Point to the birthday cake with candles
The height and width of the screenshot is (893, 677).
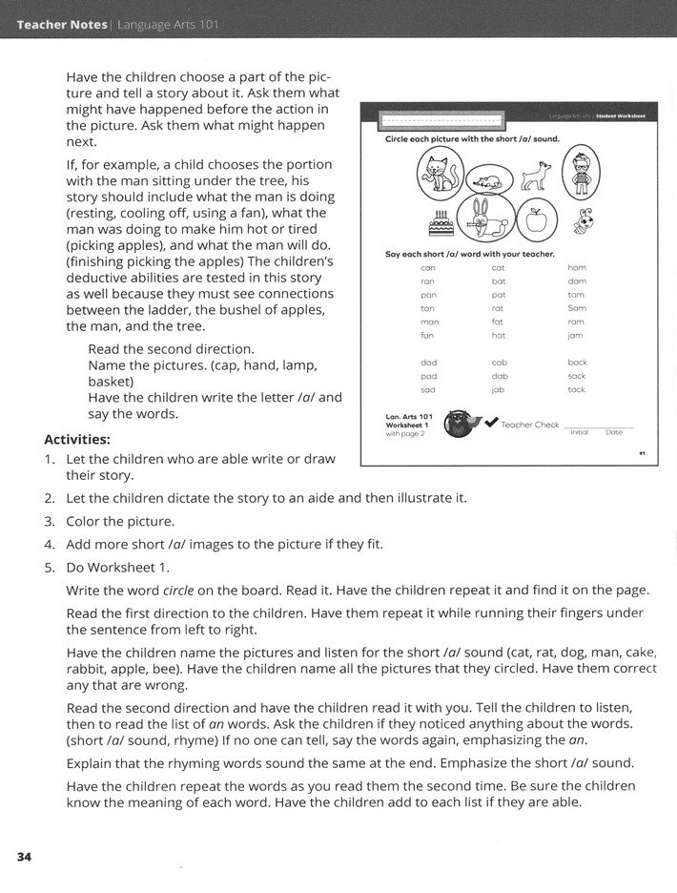pyautogui.click(x=440, y=223)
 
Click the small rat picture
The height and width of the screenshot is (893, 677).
pyautogui.click(x=485, y=178)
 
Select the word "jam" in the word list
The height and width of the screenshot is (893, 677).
pyautogui.click(x=575, y=336)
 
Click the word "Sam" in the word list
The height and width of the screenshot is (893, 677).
pyautogui.click(x=576, y=308)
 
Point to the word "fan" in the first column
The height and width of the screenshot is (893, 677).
pyautogui.click(x=428, y=336)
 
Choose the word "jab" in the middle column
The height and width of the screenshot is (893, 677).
pyautogui.click(x=498, y=389)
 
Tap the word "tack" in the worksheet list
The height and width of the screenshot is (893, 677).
pyautogui.click(x=576, y=389)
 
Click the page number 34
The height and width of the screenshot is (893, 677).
pyautogui.click(x=24, y=857)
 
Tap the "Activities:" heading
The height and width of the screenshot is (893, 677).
pyautogui.click(x=77, y=440)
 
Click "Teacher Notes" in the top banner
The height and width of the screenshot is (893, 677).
pyautogui.click(x=62, y=24)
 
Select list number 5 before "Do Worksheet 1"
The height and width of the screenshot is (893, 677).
pyautogui.click(x=49, y=567)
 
